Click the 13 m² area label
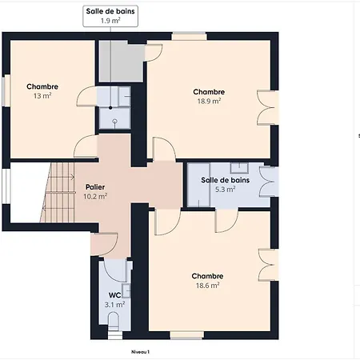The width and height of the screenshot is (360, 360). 42,96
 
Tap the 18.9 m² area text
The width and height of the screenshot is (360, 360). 209,101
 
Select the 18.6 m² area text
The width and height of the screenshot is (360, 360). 207,286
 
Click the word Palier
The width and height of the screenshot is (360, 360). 95,187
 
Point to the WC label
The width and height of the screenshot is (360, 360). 114,295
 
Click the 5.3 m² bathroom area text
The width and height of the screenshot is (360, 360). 225,190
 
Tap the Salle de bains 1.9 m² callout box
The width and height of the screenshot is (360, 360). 110,16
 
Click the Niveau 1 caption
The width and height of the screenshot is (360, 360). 140,352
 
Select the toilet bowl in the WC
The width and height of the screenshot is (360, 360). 114,321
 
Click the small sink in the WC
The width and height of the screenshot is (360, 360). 126,290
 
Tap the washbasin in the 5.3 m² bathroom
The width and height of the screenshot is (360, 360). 239,168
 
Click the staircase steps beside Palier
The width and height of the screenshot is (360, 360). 57,193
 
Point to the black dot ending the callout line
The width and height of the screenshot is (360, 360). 110,108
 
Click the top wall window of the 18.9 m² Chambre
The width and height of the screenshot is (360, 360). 189,36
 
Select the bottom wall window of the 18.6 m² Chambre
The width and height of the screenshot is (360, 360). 187,335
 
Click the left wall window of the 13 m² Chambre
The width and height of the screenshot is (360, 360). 6,90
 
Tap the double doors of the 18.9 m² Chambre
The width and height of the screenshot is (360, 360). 267,108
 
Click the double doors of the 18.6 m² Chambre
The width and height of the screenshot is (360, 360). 268,265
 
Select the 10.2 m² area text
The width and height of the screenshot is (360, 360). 95,197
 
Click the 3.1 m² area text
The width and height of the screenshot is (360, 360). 114,305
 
